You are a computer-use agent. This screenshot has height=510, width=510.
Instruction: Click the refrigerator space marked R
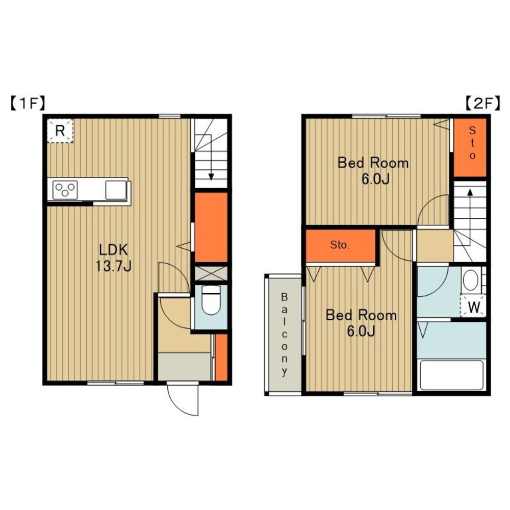pos(60,131)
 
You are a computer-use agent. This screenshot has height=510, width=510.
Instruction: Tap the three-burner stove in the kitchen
pos(65,190)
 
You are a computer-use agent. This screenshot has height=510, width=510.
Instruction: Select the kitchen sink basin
pos(116,190)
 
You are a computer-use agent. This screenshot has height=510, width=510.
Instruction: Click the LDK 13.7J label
pos(113,258)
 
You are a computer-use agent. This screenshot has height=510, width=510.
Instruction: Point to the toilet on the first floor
pos(211,300)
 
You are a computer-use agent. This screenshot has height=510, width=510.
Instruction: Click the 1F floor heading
pos(28,104)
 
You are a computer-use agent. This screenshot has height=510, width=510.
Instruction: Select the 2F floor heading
pos(482,104)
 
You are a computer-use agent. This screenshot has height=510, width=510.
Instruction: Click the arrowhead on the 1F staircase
pos(211,176)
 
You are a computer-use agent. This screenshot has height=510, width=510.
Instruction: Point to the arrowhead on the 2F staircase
pos(470,192)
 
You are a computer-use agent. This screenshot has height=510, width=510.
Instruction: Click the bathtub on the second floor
pos(451,374)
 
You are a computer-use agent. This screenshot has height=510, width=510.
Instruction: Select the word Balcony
pos(284,335)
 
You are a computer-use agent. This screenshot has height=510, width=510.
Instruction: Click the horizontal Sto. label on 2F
pos(340,245)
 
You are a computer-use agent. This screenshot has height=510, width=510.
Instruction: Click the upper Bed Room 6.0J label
pos(373,170)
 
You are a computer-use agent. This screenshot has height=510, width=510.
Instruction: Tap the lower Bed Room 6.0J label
pos(361,323)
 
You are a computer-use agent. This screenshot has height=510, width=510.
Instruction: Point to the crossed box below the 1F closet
pos(211,273)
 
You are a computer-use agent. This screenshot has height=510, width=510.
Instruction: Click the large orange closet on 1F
pos(211,227)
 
